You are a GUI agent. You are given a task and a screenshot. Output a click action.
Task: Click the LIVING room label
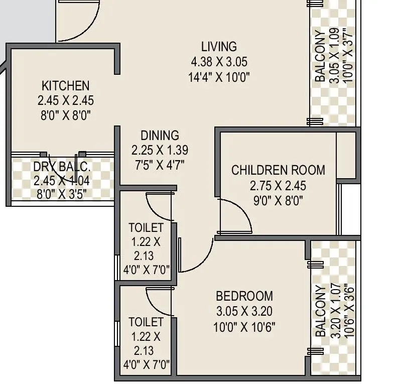(x=219, y=47)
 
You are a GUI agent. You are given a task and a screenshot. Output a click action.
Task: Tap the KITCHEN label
(x=65, y=85)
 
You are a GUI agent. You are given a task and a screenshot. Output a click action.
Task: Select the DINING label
(x=160, y=135)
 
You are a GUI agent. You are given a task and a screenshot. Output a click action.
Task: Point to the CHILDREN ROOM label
(x=278, y=170)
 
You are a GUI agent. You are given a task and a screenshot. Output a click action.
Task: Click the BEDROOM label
(x=244, y=296)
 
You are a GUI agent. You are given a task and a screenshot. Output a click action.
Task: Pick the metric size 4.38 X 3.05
(x=219, y=62)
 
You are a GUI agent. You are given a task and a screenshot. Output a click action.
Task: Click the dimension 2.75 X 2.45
(x=278, y=186)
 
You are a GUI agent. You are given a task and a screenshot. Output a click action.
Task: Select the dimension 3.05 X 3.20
(x=244, y=311)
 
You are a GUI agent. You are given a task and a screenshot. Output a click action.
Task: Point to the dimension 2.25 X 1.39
(x=160, y=150)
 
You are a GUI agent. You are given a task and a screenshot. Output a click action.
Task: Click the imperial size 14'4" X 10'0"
(x=219, y=77)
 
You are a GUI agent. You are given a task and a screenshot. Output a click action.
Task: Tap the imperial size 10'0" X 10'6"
(x=244, y=327)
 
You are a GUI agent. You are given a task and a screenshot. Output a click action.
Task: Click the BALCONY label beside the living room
(x=320, y=56)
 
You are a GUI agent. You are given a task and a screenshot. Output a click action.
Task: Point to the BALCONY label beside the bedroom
(x=320, y=311)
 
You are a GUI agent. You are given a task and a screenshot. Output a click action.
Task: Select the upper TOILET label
(x=146, y=227)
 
